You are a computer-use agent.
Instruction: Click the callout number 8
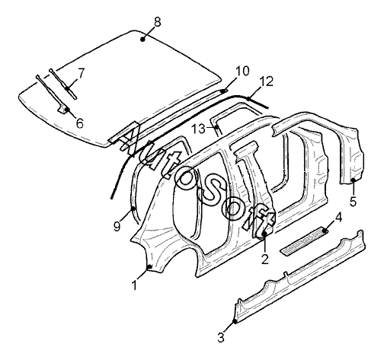pos(158,22)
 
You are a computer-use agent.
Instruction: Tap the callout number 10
pos(242,72)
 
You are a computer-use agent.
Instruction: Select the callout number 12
pos(267,81)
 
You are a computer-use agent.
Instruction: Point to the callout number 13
pos(198,129)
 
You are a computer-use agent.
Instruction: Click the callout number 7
pos(81,74)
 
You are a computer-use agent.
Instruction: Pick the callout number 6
pos(80,123)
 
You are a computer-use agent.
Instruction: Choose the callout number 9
pos(117,226)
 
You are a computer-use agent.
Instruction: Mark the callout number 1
pos(135,285)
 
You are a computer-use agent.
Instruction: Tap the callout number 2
pos(265,260)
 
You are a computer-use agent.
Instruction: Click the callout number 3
pos(221,338)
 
